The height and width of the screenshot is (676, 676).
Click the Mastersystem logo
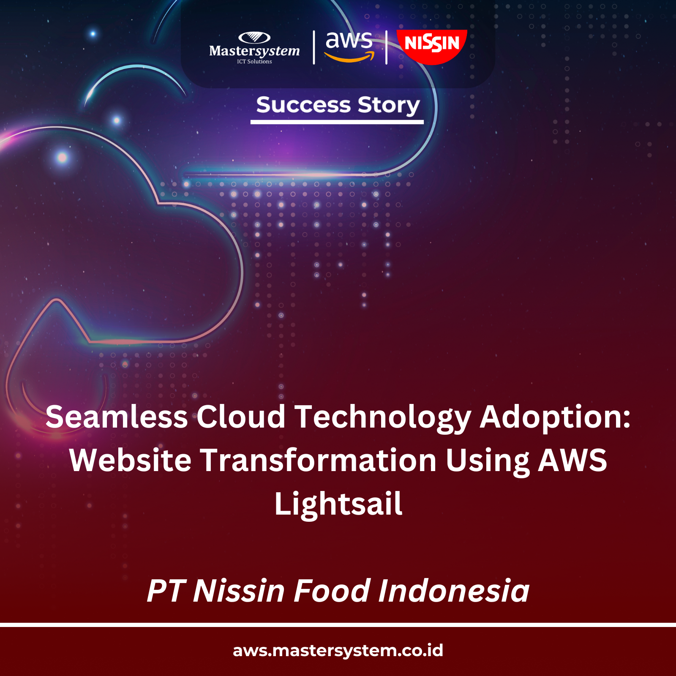tap(254, 48)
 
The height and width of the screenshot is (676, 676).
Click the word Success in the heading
tap(303, 105)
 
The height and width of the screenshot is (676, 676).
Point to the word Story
tap(389, 106)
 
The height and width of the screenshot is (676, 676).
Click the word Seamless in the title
tap(117, 417)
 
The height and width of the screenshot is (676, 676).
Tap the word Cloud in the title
tap(241, 417)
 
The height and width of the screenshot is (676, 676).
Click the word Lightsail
tap(338, 504)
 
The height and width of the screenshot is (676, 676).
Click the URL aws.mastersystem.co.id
tap(338, 651)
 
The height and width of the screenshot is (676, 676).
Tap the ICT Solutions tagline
tap(254, 62)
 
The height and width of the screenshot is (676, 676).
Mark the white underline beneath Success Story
tap(337, 122)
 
